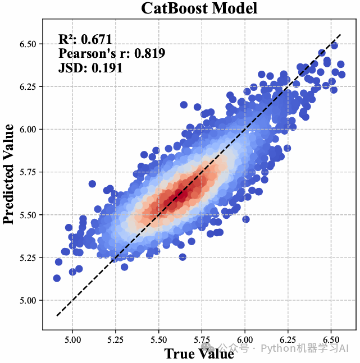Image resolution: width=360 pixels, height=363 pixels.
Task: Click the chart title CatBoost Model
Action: [199, 8]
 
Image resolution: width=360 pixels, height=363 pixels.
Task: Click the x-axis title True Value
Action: [199, 353]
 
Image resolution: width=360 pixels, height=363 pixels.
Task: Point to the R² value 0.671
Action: [96, 39]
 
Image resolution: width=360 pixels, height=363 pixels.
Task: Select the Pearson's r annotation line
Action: [111, 54]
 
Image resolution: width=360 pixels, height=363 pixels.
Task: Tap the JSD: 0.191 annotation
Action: [90, 68]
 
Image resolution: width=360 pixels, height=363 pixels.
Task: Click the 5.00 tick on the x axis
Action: [73, 340]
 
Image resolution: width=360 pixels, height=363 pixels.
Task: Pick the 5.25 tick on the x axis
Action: [116, 340]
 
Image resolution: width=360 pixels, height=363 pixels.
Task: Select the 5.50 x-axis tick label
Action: [159, 340]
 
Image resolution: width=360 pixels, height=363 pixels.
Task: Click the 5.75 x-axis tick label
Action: [202, 340]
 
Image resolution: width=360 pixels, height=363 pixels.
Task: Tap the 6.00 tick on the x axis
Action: [245, 340]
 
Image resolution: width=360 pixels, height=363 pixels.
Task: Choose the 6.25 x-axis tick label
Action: [288, 340]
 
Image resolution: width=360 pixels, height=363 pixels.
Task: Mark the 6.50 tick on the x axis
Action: [331, 340]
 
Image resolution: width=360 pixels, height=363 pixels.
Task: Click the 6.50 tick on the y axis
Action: [28, 44]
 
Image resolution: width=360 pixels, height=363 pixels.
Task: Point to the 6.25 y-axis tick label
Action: [28, 86]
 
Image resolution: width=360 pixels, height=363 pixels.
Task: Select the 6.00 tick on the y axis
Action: [28, 129]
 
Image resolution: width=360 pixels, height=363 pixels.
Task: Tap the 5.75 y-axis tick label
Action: [28, 172]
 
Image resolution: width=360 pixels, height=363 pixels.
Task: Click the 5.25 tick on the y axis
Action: [28, 258]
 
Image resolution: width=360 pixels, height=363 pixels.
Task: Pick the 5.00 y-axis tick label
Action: [28, 300]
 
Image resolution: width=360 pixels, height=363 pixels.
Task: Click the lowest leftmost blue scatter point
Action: [57, 278]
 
